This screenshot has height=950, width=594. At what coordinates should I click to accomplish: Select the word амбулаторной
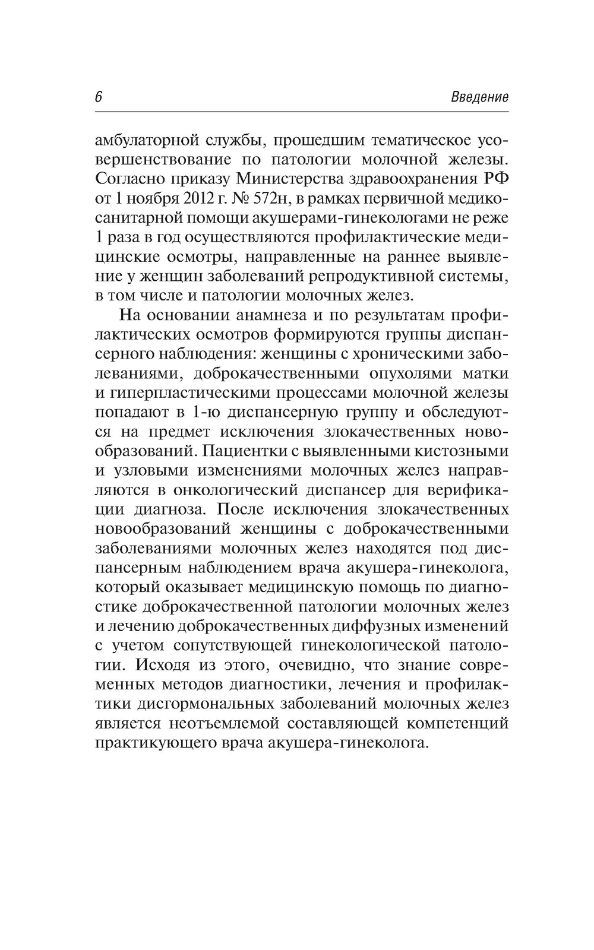146,141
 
